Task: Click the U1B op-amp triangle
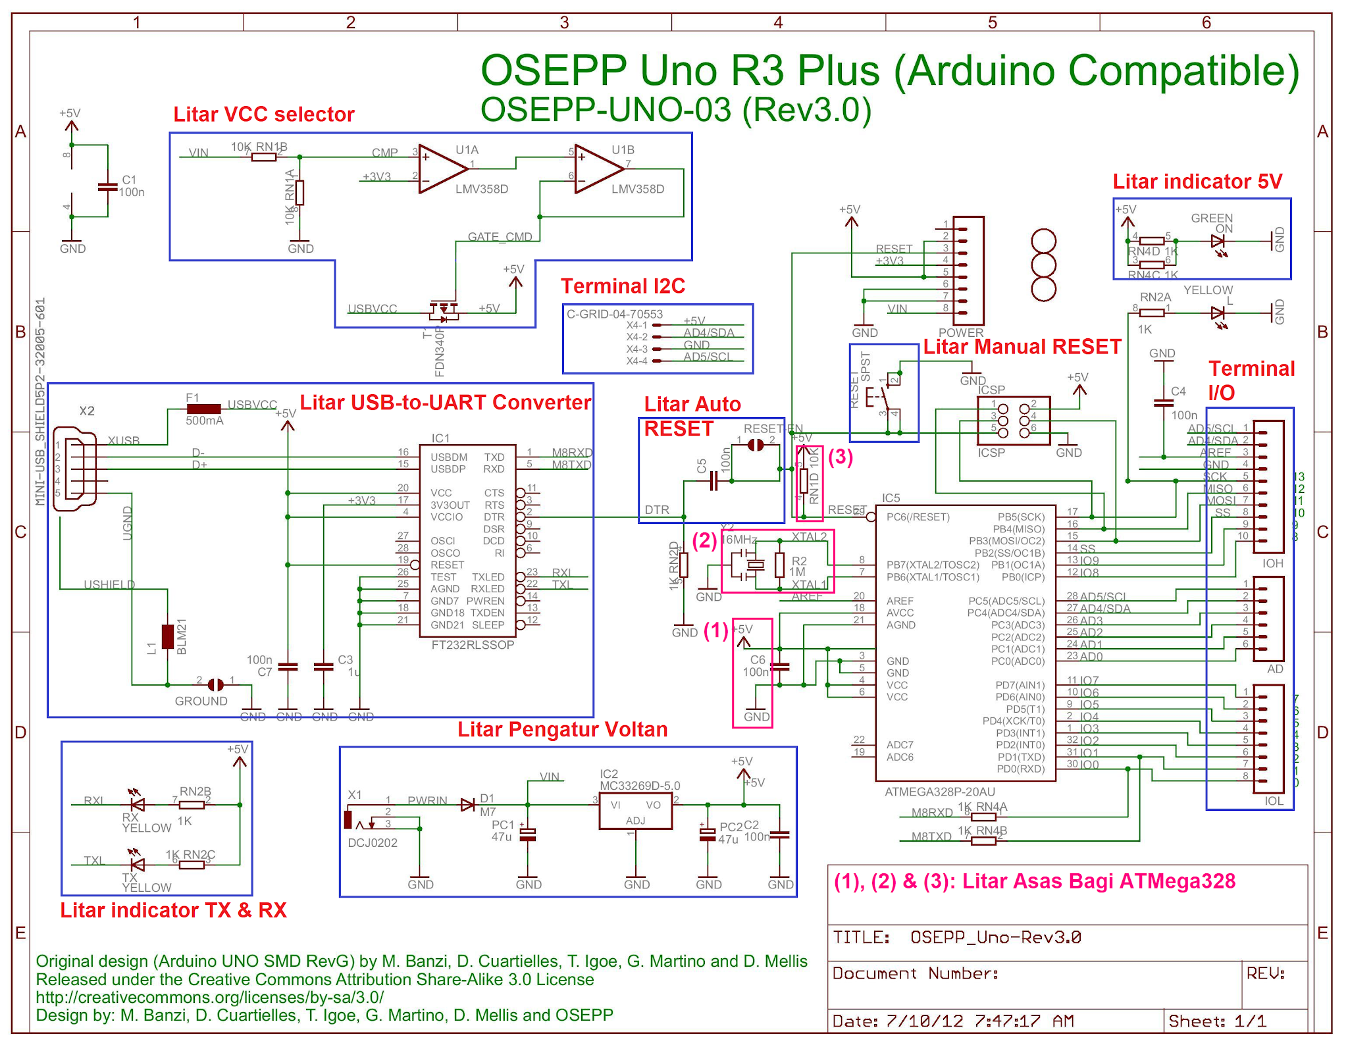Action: pyautogui.click(x=598, y=169)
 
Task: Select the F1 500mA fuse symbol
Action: pyautogui.click(x=204, y=409)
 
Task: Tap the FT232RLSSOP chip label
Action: pyautogui.click(x=473, y=645)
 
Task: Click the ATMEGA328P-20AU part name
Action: pyautogui.click(x=939, y=792)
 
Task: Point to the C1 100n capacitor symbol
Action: pyautogui.click(x=107, y=186)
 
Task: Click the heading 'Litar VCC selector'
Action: pyautogui.click(x=263, y=115)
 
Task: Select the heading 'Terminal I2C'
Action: pyautogui.click(x=622, y=286)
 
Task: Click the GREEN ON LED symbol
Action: pyautogui.click(x=1217, y=242)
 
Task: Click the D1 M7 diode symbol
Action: pyautogui.click(x=467, y=805)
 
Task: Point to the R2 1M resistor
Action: pyautogui.click(x=780, y=565)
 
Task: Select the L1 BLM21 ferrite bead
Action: pyautogui.click(x=168, y=636)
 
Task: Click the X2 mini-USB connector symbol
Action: pyautogui.click(x=76, y=469)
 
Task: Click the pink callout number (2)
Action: pyautogui.click(x=704, y=541)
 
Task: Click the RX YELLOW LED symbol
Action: pyautogui.click(x=138, y=805)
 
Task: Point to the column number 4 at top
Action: pyautogui.click(x=778, y=23)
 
